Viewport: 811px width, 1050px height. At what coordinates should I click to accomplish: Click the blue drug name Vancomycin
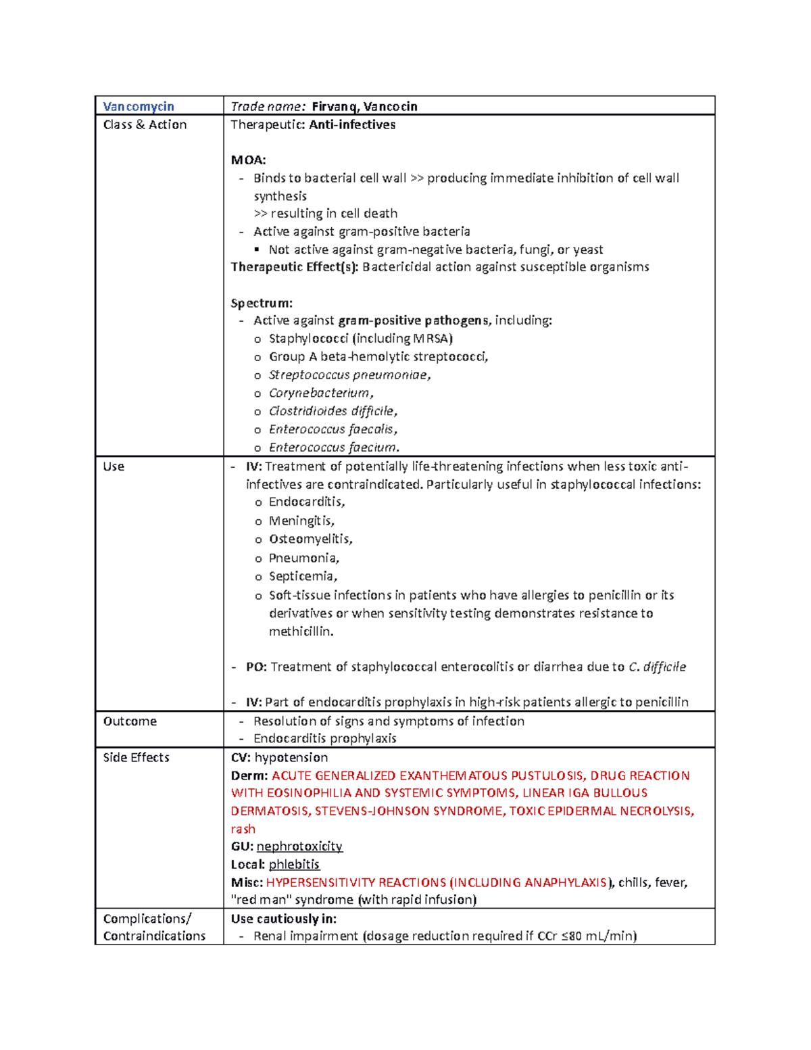(139, 106)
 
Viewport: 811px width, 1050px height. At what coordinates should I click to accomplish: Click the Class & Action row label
(145, 124)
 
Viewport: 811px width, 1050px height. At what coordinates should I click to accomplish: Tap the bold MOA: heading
(249, 160)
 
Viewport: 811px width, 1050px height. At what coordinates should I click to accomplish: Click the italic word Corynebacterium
(320, 393)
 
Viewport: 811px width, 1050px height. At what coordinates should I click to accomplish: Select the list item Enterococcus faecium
(333, 448)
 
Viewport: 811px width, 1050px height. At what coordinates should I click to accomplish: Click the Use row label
(114, 467)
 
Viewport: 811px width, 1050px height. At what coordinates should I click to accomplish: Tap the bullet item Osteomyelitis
(310, 539)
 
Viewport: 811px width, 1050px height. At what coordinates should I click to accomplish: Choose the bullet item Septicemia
(302, 576)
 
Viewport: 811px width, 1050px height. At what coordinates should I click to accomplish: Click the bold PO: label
(256, 667)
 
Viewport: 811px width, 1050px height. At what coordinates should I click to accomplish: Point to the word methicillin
(300, 631)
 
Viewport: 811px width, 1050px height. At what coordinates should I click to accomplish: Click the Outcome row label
(130, 721)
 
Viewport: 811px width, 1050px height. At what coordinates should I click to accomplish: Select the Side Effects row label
(136, 757)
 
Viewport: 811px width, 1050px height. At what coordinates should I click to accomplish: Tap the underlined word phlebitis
(294, 864)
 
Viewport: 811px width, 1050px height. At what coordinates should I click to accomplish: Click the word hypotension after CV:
(291, 757)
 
